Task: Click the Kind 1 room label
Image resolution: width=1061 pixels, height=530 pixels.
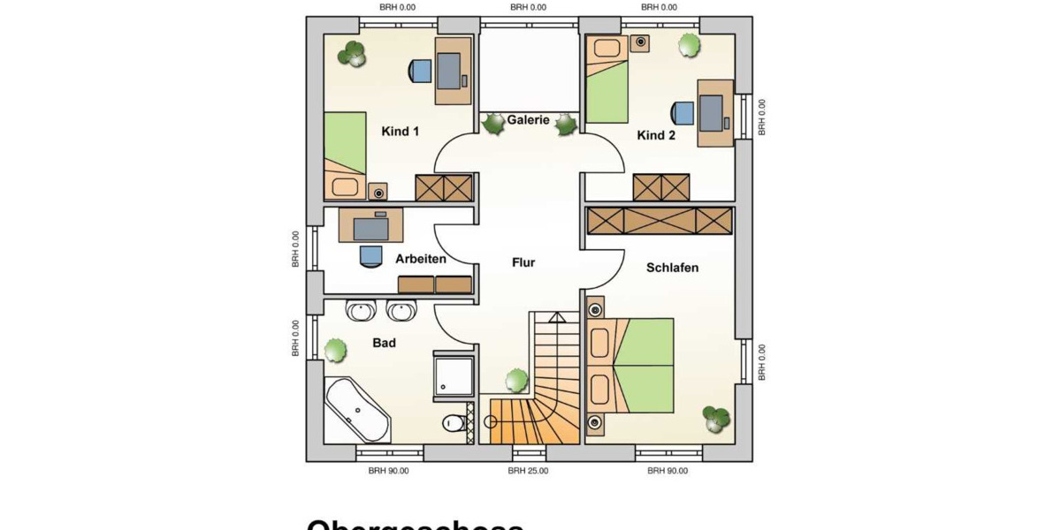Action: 400,132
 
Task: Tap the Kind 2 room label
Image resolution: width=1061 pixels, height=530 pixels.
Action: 656,135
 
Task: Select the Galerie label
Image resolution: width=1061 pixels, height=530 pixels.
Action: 528,120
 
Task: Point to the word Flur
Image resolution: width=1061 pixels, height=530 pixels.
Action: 523,262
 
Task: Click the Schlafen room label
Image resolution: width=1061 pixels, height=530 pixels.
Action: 672,268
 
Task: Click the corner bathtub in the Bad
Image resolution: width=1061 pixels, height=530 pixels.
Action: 355,411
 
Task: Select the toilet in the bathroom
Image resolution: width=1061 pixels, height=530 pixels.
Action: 454,423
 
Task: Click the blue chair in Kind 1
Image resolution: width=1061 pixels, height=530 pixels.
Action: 419,71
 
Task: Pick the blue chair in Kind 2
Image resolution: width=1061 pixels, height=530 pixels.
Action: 683,113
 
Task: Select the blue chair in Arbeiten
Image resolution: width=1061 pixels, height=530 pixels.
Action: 370,254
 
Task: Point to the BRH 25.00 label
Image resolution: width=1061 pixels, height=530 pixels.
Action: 528,471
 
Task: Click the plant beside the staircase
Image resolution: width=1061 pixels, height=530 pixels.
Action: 516,381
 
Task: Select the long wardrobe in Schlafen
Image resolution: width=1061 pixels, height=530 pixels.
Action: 660,221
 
